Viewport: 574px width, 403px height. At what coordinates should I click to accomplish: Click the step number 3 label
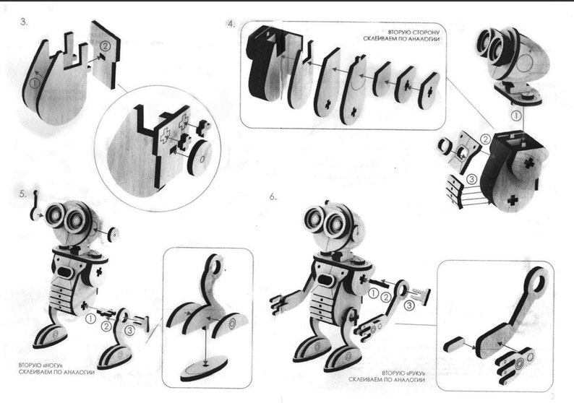24,22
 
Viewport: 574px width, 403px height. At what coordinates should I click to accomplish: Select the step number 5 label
24,194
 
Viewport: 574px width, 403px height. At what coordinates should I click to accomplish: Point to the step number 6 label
273,196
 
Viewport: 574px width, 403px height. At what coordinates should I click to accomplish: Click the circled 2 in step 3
105,46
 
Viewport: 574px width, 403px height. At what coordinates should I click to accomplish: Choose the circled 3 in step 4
471,178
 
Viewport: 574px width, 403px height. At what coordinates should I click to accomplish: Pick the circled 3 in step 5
129,330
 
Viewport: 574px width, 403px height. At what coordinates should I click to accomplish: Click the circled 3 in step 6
410,305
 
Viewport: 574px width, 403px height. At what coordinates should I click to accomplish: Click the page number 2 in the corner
553,395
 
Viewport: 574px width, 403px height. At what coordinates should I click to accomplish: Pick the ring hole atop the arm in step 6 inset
536,278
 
